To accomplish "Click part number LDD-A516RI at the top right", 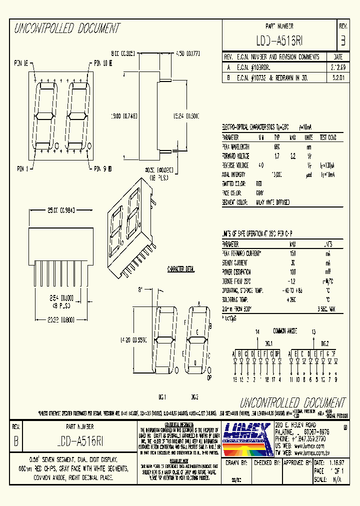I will (279, 40).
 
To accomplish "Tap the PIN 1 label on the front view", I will (21, 168).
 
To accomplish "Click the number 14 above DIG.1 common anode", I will (257, 331).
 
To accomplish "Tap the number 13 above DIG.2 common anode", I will (313, 331).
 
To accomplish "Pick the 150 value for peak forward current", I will (292, 253).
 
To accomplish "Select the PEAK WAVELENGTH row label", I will (235, 146).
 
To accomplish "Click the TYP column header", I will (276, 137).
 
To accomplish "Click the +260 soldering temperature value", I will (292, 299).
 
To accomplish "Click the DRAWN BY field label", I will (237, 463).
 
